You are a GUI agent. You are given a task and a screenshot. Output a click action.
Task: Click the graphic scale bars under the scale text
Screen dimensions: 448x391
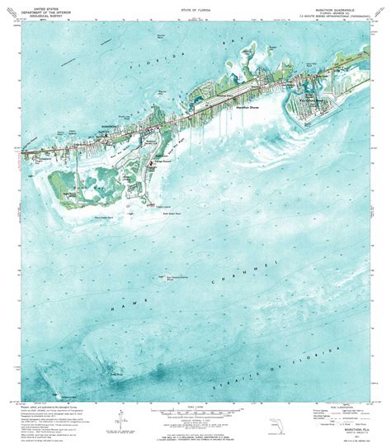195,410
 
